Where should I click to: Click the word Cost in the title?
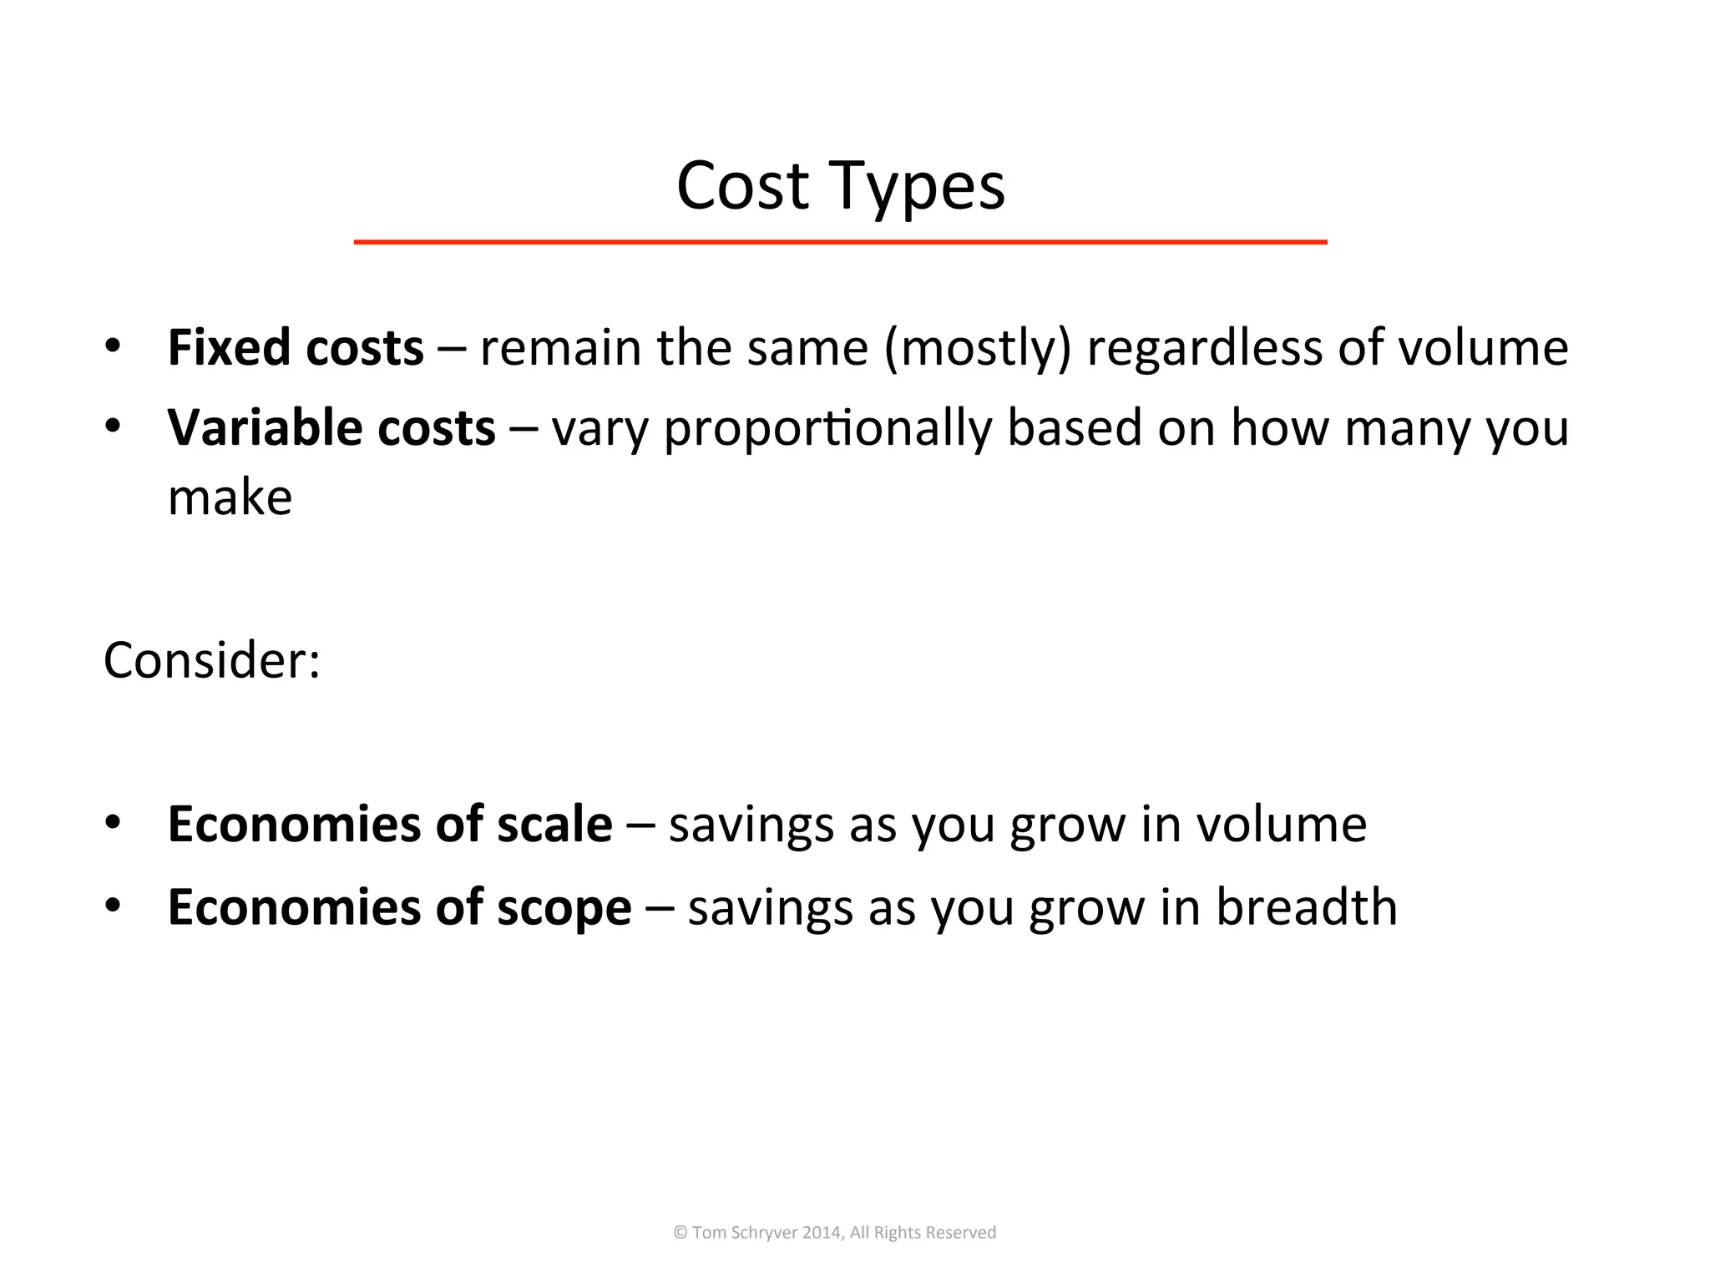742,186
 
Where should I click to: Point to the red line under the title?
840,242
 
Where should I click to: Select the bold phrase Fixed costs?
296,347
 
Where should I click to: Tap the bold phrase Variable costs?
331,428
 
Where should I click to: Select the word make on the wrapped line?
230,498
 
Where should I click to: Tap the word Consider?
212,661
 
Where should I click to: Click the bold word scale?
554,825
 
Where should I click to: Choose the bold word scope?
564,908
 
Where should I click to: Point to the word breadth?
1306,907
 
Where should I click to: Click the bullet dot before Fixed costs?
113,345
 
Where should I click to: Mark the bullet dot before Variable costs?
113,426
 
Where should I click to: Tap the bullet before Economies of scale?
113,822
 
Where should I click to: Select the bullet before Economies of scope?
113,905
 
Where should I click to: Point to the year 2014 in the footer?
822,1233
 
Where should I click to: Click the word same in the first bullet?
807,349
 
